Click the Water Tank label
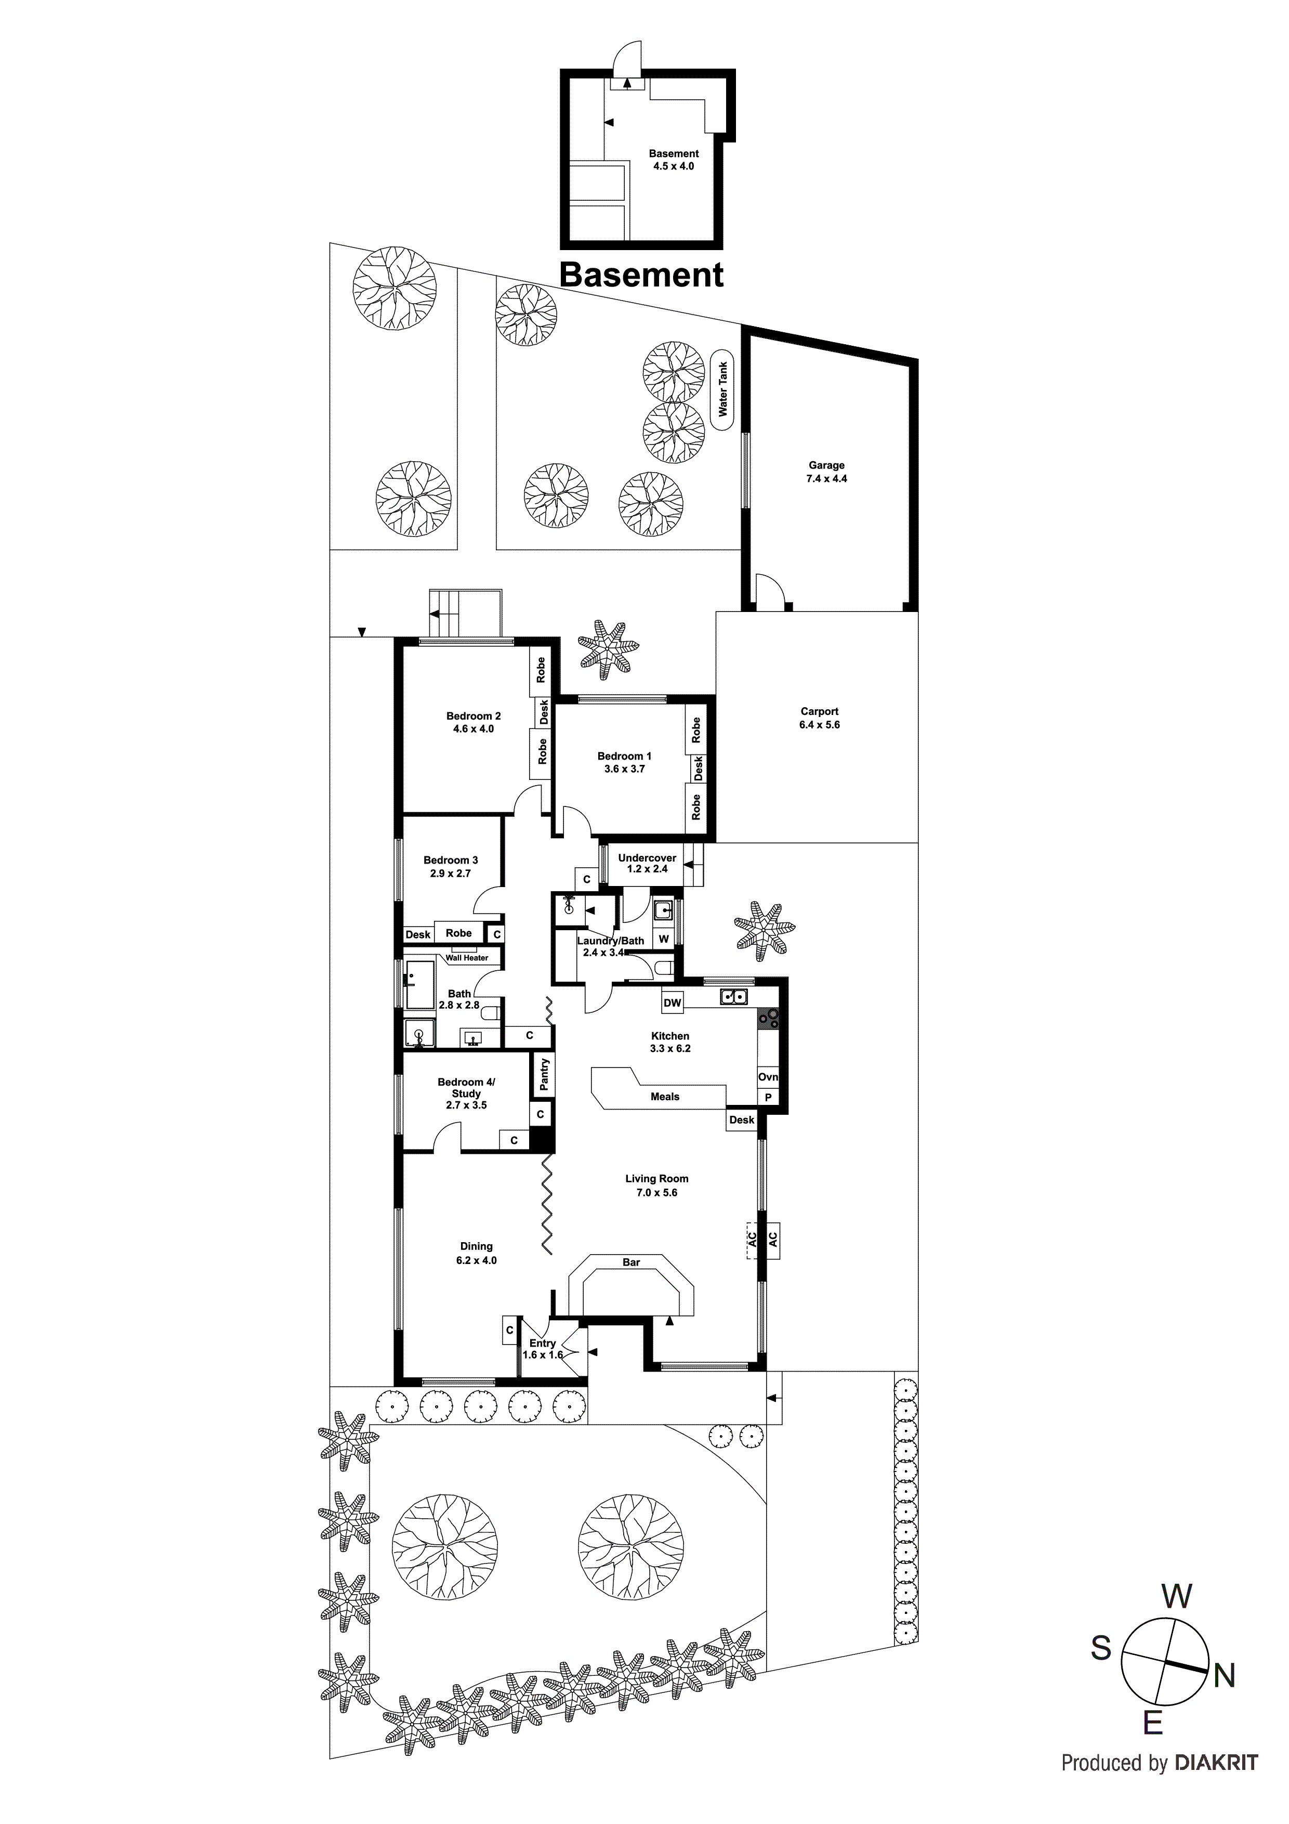723,389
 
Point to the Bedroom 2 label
473,722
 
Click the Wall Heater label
466,958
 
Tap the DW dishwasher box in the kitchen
672,1002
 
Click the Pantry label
544,1074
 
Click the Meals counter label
665,1097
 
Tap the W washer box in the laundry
664,939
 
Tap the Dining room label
477,1253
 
